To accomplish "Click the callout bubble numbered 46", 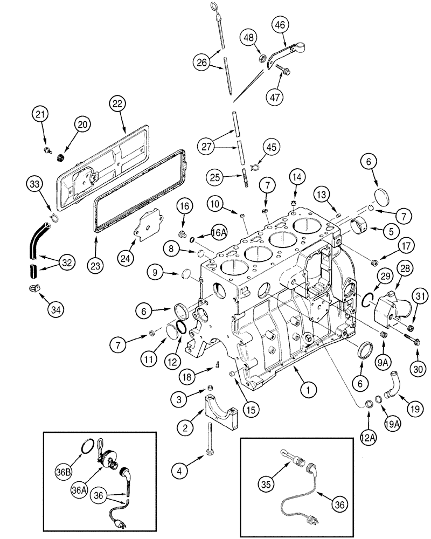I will tap(282, 25).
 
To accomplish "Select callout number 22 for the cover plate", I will tap(117, 103).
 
